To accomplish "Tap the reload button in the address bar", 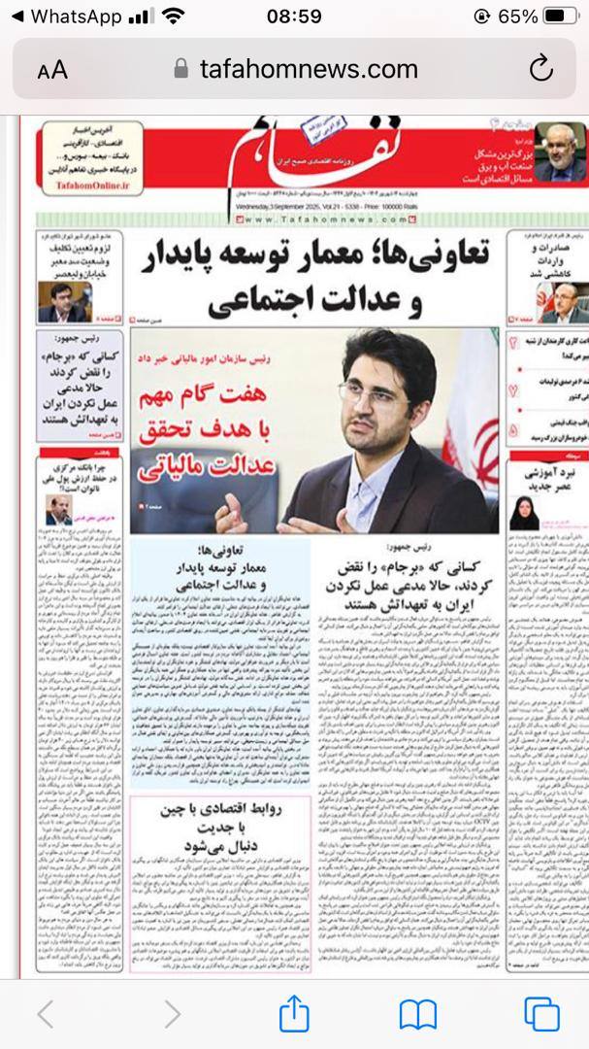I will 540,69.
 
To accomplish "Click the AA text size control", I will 52,70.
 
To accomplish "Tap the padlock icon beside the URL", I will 180,69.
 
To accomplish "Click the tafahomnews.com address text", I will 309,69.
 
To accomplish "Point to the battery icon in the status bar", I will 560,17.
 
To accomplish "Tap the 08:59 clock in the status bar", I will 294,17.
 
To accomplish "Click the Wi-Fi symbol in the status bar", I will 174,17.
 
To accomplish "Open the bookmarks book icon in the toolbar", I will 418,1015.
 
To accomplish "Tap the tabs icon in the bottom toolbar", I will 541,1015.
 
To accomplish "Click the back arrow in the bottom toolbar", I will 45,1015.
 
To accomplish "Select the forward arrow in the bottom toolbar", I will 171,1015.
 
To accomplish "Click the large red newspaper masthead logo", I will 291,151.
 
